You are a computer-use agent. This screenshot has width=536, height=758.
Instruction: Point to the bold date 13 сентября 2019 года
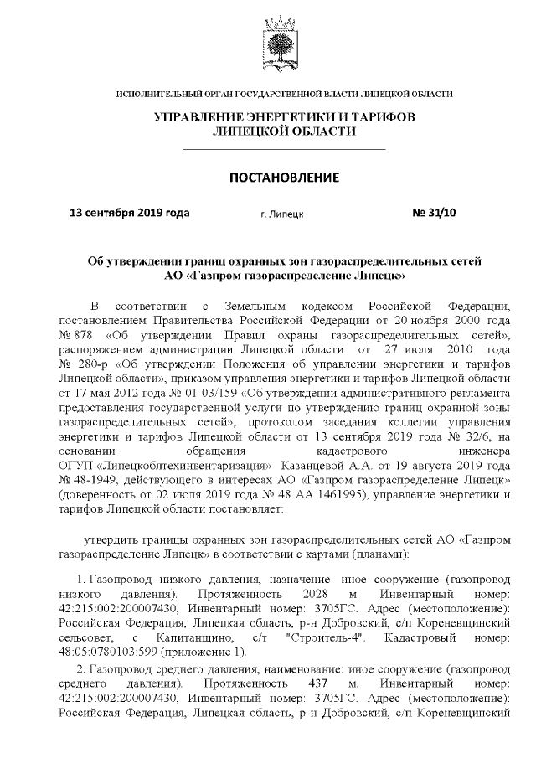129,213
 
